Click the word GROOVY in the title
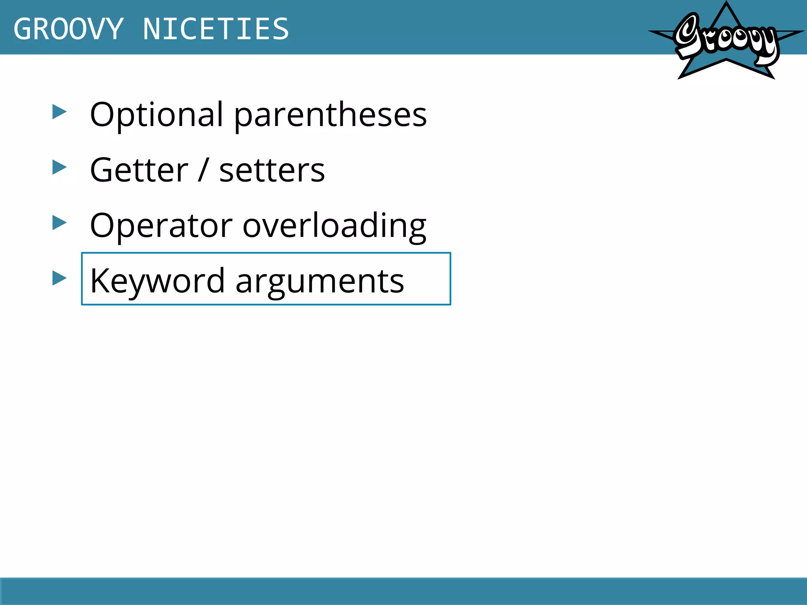[69, 29]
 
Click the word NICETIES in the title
[216, 29]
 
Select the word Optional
[157, 115]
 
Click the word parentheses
[331, 115]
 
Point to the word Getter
[139, 170]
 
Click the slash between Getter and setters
[203, 170]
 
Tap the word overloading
[335, 226]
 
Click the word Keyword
[157, 281]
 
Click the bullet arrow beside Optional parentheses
[60, 112]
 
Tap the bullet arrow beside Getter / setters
[60, 168]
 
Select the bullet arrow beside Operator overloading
[60, 223]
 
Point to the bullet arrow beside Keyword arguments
[60, 278]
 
